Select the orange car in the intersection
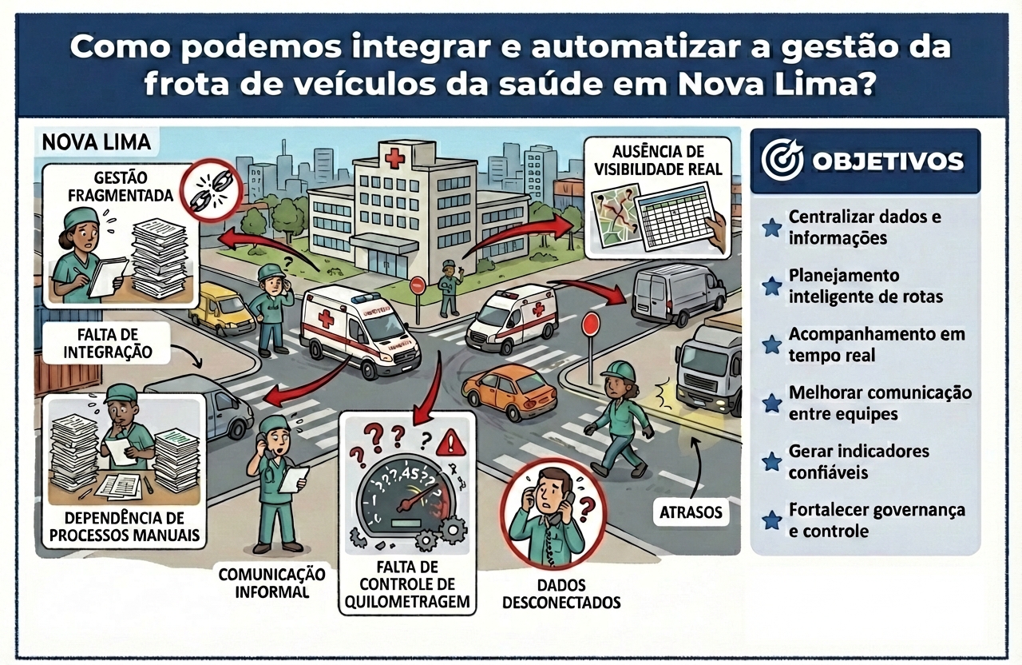coord(509,393)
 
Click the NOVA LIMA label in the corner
coord(97,143)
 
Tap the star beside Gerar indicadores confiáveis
coord(771,462)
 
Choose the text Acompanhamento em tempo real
coord(877,344)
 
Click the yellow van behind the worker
coord(220,309)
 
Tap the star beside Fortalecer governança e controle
coord(771,520)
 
